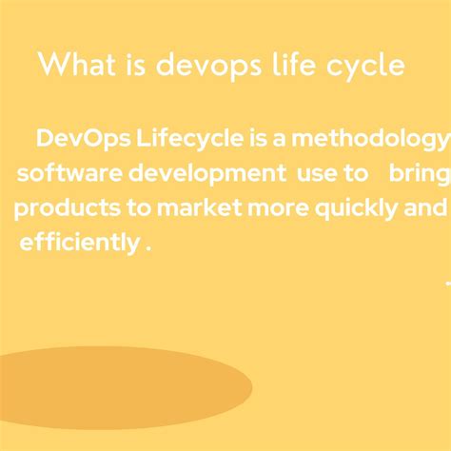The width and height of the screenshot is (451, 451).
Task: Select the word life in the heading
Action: (294, 67)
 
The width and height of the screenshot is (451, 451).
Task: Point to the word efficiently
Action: (79, 244)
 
